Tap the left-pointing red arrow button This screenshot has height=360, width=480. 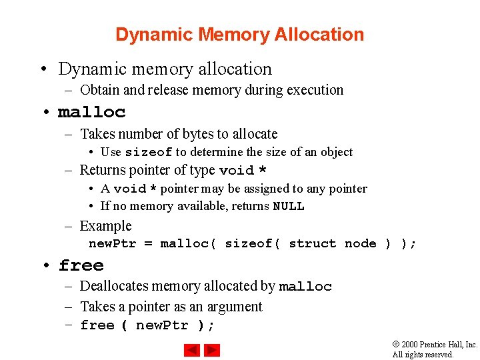click(x=193, y=349)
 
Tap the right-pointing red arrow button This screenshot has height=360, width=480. click(x=212, y=349)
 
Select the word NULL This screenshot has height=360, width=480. click(x=289, y=207)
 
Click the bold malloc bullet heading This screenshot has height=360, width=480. click(x=92, y=112)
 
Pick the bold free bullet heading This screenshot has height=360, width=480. click(x=81, y=266)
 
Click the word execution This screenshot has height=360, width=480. click(x=315, y=90)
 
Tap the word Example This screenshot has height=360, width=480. click(x=105, y=226)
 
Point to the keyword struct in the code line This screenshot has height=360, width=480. click(x=313, y=244)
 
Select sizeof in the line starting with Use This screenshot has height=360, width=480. click(x=149, y=153)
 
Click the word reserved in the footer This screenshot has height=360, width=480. click(x=438, y=355)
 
